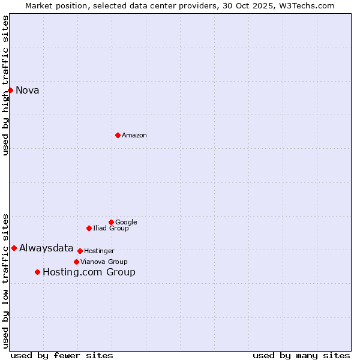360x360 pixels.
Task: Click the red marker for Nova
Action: point(10,90)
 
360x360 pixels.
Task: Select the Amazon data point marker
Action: point(118,135)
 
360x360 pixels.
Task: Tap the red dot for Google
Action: point(111,222)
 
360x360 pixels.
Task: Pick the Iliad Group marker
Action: point(89,228)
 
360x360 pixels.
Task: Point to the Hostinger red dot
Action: point(80,251)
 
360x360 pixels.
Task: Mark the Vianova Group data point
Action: point(76,262)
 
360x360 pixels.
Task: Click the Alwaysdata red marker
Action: point(14,248)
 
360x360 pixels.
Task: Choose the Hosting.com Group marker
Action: point(37,272)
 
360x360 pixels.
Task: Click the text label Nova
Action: point(28,91)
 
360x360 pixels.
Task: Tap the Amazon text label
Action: point(134,136)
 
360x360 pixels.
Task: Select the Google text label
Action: point(126,222)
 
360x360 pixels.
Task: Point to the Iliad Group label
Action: point(111,228)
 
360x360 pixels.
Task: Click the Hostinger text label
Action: point(99,251)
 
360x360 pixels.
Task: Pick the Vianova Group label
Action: point(104,262)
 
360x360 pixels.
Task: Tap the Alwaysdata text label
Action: point(46,248)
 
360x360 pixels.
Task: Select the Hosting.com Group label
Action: point(89,272)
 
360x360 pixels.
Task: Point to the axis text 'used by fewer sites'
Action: point(62,355)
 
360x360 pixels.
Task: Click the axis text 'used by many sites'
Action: point(301,355)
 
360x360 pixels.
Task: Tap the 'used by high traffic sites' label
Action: point(5,85)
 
